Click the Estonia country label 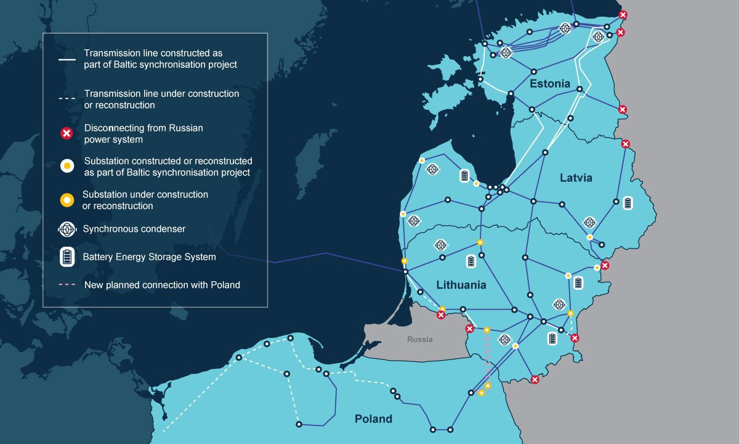549,84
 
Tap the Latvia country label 576,178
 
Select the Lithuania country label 461,285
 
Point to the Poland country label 373,419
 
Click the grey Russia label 419,340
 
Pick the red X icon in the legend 67,133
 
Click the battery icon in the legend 67,257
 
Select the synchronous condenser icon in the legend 67,229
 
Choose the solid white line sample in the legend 67,60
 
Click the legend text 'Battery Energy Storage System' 149,257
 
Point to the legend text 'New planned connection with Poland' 162,285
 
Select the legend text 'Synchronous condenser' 134,229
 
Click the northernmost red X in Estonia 623,15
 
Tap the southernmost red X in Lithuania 535,380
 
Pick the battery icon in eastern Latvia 628,203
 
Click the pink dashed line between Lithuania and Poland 487,361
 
